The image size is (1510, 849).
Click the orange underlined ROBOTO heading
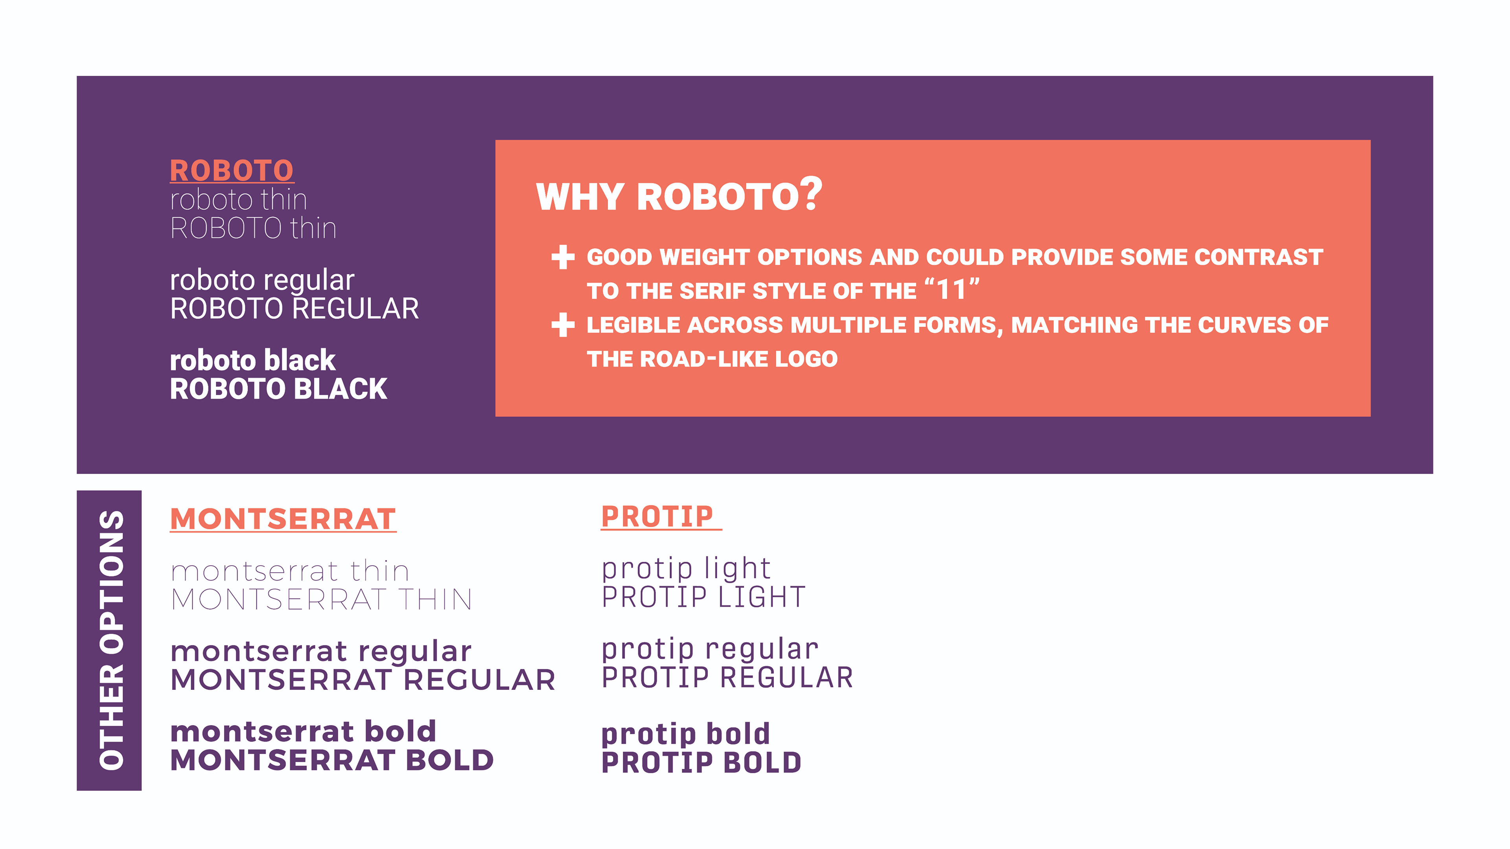click(232, 171)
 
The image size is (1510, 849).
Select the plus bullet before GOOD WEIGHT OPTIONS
click(563, 257)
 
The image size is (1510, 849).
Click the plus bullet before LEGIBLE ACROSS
click(563, 325)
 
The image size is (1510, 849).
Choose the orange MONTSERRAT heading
click(283, 519)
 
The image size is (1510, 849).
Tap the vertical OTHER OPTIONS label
click(111, 640)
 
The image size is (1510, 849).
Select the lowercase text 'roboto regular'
click(262, 281)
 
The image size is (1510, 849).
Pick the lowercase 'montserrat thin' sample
click(289, 571)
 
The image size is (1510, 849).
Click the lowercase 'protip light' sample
click(686, 569)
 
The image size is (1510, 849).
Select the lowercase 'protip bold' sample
click(685, 735)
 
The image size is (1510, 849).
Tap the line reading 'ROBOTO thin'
click(253, 228)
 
